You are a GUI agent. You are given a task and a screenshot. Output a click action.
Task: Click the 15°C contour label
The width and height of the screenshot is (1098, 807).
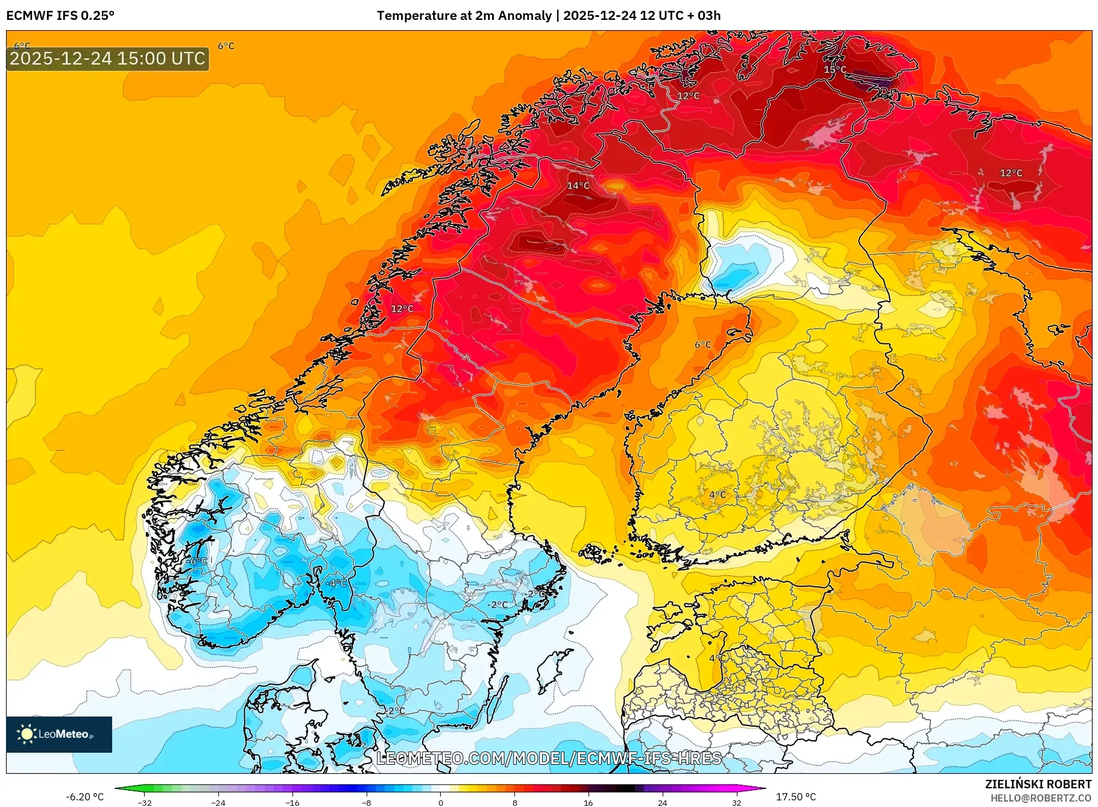point(835,69)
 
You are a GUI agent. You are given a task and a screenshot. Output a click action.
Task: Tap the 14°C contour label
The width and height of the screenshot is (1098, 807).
point(578,186)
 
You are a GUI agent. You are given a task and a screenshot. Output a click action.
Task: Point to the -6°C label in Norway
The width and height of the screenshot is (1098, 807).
point(195,562)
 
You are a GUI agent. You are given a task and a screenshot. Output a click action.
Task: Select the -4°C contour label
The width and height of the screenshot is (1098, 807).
point(336,583)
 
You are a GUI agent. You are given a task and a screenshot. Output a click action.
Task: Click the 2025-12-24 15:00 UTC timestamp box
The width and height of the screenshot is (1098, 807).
point(107,59)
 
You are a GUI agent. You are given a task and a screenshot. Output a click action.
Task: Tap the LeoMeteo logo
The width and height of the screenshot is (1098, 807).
point(58,734)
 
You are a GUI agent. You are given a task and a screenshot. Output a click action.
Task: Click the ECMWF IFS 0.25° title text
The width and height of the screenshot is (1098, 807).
point(60,16)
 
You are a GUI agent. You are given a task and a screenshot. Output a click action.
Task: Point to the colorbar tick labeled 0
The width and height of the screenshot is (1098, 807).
point(441,802)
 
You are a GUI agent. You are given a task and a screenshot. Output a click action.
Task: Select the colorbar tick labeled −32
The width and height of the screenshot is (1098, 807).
point(145,802)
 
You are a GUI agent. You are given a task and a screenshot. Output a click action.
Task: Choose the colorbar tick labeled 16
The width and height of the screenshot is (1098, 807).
point(588,802)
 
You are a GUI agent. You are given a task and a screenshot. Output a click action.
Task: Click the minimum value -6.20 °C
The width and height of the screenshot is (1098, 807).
point(84,797)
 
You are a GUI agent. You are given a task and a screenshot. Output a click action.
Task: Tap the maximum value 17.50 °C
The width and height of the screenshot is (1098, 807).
point(795,797)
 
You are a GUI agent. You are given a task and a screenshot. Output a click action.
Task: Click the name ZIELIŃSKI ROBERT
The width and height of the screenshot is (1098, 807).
point(1038,784)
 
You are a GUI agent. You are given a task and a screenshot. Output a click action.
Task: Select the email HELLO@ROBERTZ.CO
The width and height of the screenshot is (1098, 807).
point(1041,798)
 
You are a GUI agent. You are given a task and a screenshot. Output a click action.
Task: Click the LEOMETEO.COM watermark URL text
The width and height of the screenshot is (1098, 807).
point(549,758)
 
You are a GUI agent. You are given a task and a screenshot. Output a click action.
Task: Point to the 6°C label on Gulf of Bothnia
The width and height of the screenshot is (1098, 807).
point(702,345)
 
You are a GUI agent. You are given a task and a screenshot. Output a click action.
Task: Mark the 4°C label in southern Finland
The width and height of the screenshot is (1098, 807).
point(717,495)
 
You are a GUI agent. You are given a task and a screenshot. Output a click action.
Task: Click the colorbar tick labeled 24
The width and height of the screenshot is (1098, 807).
point(662,802)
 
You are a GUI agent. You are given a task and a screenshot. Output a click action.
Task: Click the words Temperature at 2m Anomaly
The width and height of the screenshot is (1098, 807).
point(464,16)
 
